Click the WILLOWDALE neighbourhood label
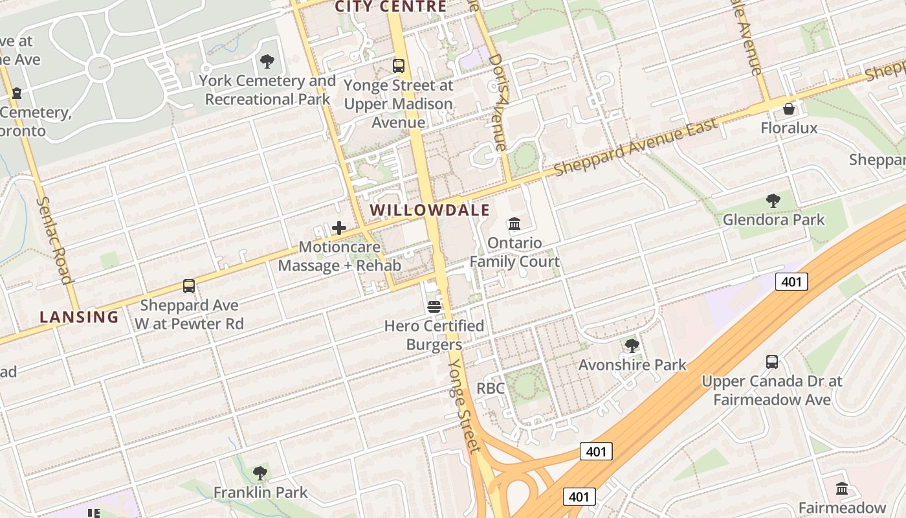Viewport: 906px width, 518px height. [x=430, y=210]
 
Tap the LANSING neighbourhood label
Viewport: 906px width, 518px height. [x=79, y=317]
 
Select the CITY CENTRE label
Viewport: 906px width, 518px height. [x=390, y=7]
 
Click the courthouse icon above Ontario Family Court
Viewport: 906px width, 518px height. [x=514, y=224]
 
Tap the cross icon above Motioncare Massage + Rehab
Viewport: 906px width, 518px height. [x=339, y=228]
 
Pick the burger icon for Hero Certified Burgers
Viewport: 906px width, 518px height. [x=434, y=307]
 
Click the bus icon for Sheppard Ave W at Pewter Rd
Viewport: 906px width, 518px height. [x=189, y=286]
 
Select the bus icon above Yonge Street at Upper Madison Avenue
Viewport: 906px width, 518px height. [x=399, y=66]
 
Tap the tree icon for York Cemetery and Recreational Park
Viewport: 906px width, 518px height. [x=267, y=62]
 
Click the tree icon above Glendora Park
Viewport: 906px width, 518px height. [x=773, y=201]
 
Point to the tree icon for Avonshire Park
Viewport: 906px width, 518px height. [x=632, y=346]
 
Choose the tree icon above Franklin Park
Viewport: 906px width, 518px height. [x=260, y=473]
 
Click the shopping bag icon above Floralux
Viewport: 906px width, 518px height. [x=789, y=109]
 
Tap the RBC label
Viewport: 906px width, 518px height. [x=491, y=388]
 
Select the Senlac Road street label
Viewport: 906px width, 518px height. [x=54, y=240]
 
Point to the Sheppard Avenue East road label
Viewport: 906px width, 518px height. [x=636, y=146]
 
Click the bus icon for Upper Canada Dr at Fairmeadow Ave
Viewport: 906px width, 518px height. [x=772, y=362]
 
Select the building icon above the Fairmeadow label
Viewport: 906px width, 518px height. [x=842, y=488]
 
